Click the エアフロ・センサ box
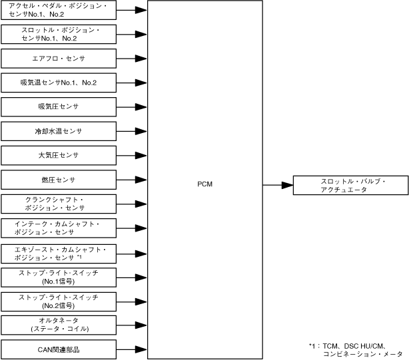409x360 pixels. pos(59,59)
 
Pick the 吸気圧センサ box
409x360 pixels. pos(59,106)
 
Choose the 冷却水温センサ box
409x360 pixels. pos(59,131)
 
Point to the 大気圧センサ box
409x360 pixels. pos(59,155)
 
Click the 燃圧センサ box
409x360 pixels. pos(59,180)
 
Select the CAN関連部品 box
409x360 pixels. pos(59,349)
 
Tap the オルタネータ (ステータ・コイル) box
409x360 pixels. pos(59,325)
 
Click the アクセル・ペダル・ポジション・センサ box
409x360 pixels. pos(59,10)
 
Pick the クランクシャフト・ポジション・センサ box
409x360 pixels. pos(59,204)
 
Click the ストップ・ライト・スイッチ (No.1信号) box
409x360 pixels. pos(59,276)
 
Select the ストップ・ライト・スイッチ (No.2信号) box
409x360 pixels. pos(59,300)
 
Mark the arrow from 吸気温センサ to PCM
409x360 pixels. pos(132,83)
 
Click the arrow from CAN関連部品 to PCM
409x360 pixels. pos(132,349)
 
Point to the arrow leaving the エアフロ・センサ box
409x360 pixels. pos(132,59)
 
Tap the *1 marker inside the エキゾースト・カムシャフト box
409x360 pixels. pos(79,256)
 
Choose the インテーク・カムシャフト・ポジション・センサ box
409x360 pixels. pos(59,228)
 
